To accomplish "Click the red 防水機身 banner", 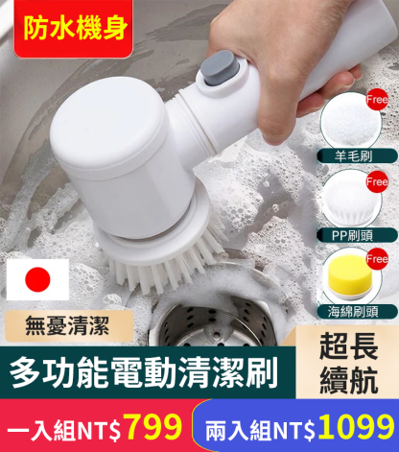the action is click(73, 29).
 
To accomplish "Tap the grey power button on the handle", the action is click(220, 68).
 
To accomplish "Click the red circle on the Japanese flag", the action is click(37, 279).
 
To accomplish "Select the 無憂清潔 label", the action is click(68, 325).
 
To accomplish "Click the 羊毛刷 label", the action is click(354, 156).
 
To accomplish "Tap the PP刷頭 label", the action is click(353, 235).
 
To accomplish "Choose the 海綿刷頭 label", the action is click(353, 311).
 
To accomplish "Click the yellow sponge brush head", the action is click(350, 274).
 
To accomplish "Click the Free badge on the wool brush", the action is click(377, 100).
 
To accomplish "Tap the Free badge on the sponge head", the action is click(378, 258).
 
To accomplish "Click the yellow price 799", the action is click(153, 427).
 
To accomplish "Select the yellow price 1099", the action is click(356, 427).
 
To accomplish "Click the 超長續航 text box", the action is click(348, 363).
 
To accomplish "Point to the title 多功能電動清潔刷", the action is click(144, 372).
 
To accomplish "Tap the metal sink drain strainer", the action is click(214, 324).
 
